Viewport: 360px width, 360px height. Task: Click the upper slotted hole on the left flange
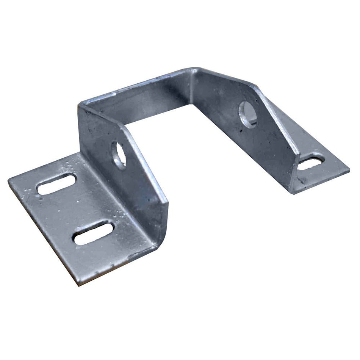(56, 184)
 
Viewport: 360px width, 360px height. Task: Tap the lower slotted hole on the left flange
(94, 233)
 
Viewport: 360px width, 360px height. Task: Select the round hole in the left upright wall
(119, 155)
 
